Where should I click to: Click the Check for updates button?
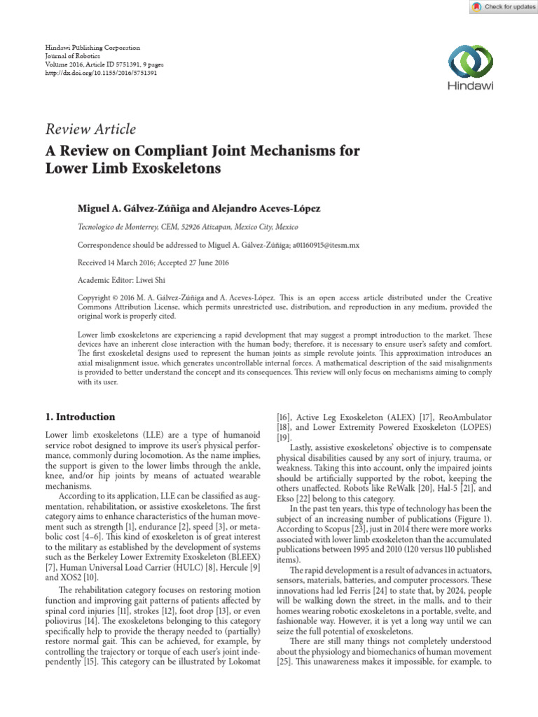pyautogui.click(x=500, y=7)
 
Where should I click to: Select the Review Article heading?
pyautogui.click(x=90, y=129)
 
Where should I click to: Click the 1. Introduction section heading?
pyautogui.click(x=81, y=417)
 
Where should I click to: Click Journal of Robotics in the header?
pyautogui.click(x=72, y=56)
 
